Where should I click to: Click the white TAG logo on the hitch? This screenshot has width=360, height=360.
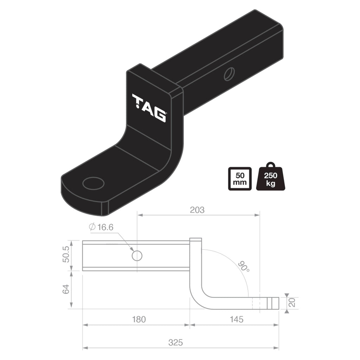pos(149,108)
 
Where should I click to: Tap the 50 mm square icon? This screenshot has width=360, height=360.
pos(240,179)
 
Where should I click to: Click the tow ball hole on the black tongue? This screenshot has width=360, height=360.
pos(93,183)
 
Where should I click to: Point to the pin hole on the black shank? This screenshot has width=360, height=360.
pos(229,74)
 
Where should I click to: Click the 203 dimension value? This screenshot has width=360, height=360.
pos(197,210)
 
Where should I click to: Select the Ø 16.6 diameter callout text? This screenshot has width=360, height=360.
pos(101,227)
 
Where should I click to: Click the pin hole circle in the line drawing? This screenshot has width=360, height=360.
pos(137,256)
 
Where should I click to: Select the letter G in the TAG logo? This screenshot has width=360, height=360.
pos(160,115)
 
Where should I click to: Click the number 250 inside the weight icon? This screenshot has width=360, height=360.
pos(271,176)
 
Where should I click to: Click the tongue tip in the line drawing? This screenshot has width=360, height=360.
pos(274,303)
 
